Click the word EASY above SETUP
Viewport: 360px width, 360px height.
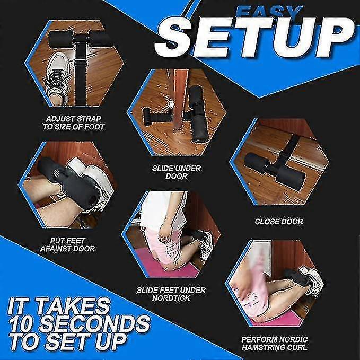point(269,12)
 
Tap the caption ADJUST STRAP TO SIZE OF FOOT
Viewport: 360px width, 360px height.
point(74,123)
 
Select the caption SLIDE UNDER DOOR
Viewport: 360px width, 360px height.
point(177,172)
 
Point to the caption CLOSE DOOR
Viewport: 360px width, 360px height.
point(279,222)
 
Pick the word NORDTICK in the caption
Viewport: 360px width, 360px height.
point(171,298)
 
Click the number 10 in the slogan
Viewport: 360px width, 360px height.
point(22,324)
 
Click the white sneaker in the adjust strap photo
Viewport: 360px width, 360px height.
point(57,78)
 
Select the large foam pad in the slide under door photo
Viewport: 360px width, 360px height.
point(197,114)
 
